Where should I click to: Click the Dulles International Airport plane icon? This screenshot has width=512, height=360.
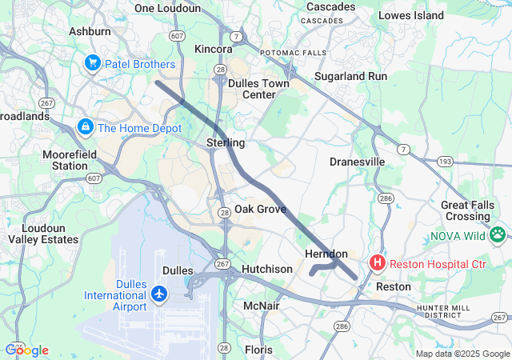[x=158, y=294]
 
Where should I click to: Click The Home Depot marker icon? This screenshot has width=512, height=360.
[x=85, y=126]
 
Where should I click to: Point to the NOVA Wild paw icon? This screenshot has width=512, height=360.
[x=498, y=235]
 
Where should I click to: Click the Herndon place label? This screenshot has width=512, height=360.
[x=326, y=254]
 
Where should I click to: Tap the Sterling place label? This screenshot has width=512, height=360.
[x=226, y=142]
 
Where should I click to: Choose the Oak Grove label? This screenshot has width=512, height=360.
[x=260, y=209]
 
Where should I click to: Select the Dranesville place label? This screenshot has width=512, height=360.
[x=358, y=162]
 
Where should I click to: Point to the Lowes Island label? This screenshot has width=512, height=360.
[x=410, y=15]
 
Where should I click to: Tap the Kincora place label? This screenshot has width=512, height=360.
[x=214, y=50]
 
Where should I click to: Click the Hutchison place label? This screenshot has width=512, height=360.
[x=267, y=269]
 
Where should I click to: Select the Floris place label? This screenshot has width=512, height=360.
[x=258, y=350]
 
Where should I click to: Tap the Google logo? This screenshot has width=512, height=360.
[x=26, y=350]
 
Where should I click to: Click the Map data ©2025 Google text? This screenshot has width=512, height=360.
[x=462, y=354]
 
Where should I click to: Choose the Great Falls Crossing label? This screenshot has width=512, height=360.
[x=466, y=211]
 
